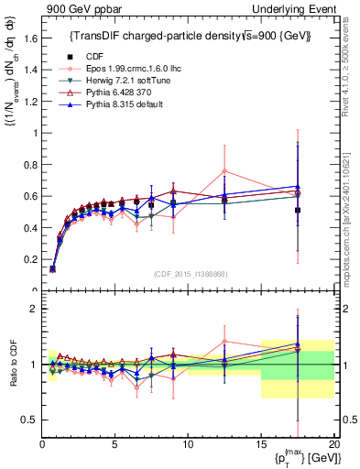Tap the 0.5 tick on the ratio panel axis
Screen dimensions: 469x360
click(30, 420)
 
